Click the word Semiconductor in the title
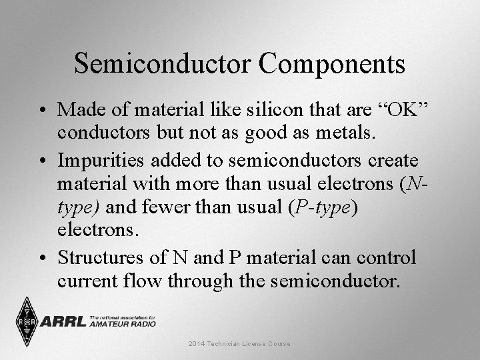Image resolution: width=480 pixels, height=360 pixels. pos(163,63)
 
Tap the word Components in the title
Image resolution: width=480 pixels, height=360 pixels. pos(333,63)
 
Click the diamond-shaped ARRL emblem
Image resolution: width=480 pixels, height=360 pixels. pos(26,321)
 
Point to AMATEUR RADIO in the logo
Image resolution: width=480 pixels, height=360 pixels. pos(121,325)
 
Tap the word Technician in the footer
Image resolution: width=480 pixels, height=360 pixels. pos(227,343)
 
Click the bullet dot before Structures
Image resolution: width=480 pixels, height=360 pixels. pos(42,257)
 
